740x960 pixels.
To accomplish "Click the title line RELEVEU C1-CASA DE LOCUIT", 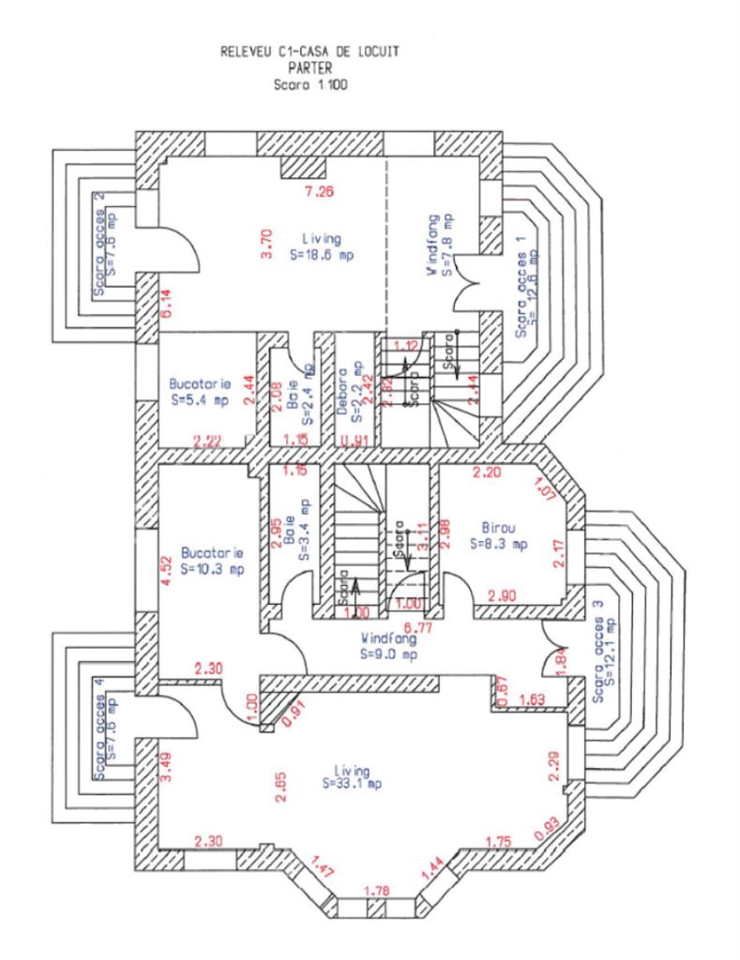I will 309,52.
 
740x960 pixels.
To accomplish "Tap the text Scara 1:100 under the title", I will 309,83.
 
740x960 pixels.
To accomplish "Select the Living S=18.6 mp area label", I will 322,247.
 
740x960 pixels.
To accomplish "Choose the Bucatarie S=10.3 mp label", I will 212,561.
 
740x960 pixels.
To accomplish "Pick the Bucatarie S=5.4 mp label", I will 200,392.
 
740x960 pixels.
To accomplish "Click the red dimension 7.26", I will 320,193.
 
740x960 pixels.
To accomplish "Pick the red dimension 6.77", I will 416,626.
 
